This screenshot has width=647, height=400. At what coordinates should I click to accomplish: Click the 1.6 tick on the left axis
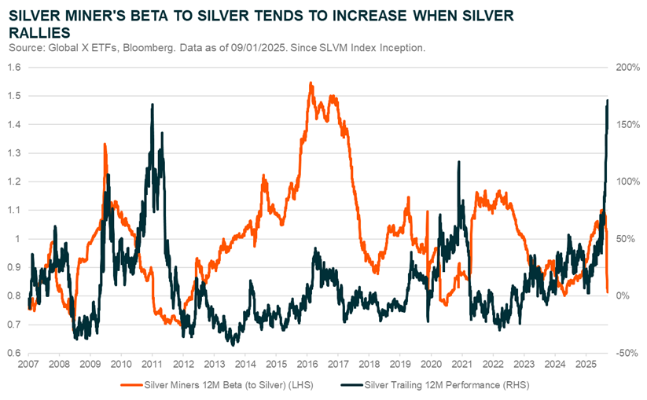(14, 68)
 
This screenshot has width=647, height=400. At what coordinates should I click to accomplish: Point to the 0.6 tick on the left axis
(14, 353)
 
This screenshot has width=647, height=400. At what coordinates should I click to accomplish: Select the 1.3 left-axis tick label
(14, 153)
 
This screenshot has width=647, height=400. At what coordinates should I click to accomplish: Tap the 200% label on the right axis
(626, 68)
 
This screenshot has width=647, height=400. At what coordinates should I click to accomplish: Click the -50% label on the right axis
(626, 353)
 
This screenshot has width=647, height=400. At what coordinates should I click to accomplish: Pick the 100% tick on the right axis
(626, 182)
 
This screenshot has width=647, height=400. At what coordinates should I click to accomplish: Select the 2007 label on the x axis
(28, 365)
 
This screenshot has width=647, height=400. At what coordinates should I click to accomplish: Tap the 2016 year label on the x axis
(307, 365)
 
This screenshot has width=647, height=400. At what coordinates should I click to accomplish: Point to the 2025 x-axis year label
(586, 365)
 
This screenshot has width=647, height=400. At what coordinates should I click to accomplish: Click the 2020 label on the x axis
(432, 365)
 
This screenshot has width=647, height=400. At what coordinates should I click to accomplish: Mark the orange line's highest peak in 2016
(311, 83)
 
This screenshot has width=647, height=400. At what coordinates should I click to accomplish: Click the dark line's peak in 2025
(607, 100)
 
